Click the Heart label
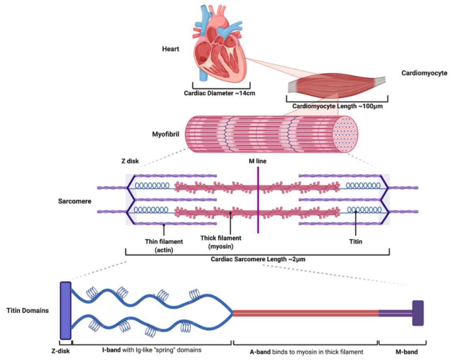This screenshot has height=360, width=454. (171, 49)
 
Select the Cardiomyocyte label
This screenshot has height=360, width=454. (424, 73)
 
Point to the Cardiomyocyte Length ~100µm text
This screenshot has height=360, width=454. (337, 106)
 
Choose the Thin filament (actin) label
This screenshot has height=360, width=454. (164, 245)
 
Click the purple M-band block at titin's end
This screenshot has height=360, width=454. (418, 313)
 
